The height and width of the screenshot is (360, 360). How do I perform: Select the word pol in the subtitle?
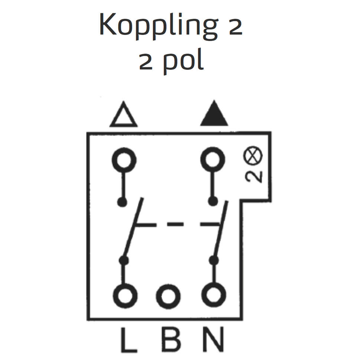(x=184, y=62)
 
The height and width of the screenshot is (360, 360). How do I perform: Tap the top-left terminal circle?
(x=124, y=160)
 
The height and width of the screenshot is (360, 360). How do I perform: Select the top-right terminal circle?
(x=213, y=160)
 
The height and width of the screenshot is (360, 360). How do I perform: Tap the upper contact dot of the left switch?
(x=122, y=202)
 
